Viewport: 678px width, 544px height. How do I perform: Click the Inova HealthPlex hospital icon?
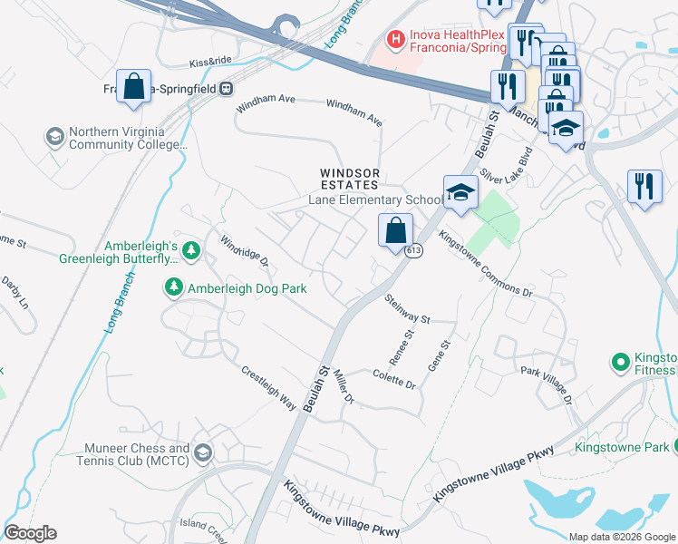click(x=395, y=39)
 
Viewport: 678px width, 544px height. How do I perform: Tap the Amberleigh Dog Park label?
click(x=247, y=288)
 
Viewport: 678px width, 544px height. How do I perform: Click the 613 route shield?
click(x=413, y=250)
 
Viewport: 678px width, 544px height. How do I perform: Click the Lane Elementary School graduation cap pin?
click(x=460, y=193)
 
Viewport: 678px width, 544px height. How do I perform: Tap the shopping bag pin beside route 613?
click(x=396, y=230)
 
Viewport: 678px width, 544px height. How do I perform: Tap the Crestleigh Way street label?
click(x=269, y=387)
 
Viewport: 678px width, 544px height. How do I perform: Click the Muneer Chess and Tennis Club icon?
click(x=203, y=453)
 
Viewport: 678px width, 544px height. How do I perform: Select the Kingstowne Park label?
click(x=621, y=447)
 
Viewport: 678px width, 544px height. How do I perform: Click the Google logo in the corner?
click(x=30, y=533)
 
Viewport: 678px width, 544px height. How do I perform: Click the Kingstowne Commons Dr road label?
click(x=485, y=264)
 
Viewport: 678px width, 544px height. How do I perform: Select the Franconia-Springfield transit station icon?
click(x=226, y=89)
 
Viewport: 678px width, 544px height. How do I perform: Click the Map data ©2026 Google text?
click(x=621, y=537)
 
